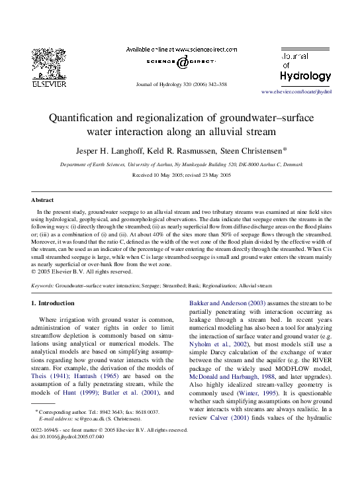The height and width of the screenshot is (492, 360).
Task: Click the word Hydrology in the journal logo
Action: click(305, 76)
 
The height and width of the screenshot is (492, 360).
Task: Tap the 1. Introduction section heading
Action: click(56, 303)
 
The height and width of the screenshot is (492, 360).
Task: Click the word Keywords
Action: click(42, 286)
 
